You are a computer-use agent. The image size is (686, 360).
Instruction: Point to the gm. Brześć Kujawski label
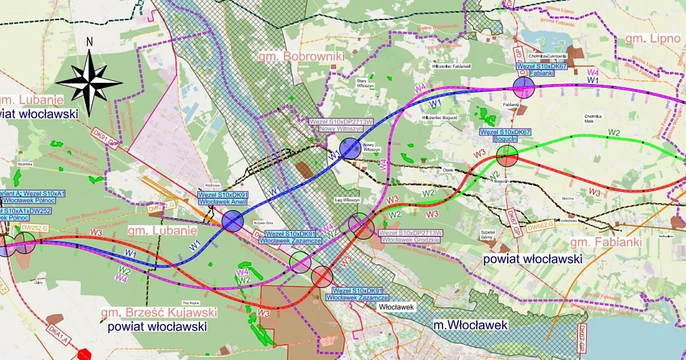[159, 313]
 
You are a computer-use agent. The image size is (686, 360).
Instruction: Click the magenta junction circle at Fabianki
[524, 88]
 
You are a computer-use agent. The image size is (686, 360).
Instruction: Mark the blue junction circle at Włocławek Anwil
[233, 221]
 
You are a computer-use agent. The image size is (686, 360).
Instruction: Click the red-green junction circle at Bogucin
[507, 155]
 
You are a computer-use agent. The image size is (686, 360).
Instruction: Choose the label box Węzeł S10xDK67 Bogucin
[505, 135]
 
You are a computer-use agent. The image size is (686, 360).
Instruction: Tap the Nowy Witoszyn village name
[368, 147]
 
